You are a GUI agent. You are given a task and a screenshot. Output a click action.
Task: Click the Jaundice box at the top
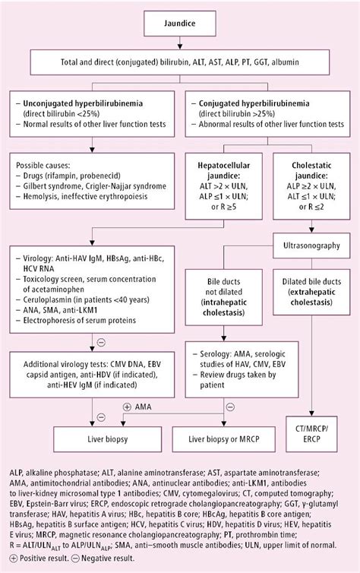click(x=180, y=23)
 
